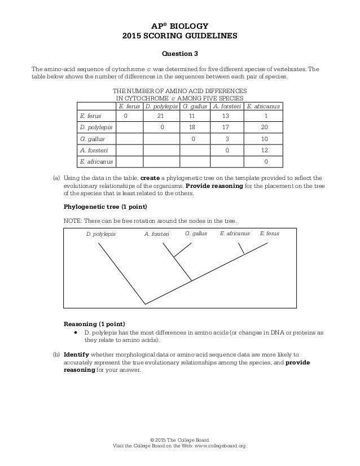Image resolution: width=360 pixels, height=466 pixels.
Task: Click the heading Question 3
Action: coord(179,54)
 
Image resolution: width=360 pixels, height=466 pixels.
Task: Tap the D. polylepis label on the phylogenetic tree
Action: coord(100,234)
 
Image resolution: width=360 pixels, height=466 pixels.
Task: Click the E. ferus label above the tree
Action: coord(269,233)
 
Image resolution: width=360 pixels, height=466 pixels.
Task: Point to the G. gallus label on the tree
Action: coord(196,233)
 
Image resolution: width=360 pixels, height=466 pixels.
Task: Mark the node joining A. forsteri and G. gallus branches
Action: coord(174,258)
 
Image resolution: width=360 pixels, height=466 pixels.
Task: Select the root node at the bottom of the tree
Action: coord(146,305)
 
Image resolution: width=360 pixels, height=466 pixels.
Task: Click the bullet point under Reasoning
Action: coord(76,333)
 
